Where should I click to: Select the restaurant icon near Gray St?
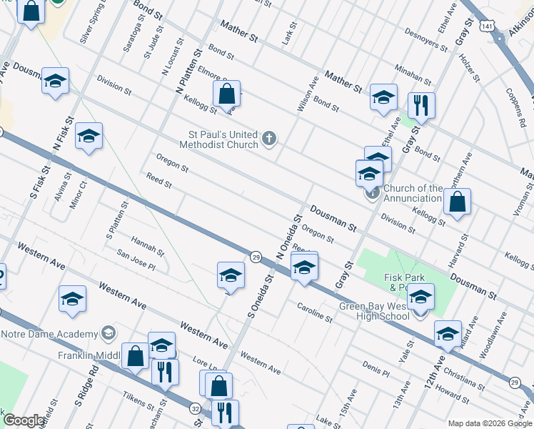[x=421, y=107]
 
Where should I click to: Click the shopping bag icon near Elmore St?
[x=226, y=94]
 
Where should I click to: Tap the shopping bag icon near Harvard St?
[x=457, y=202]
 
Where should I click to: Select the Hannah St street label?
[x=147, y=247]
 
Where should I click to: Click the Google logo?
[x=24, y=420]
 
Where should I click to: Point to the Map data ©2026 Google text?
[x=489, y=423]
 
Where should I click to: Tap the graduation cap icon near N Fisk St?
[x=89, y=136]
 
